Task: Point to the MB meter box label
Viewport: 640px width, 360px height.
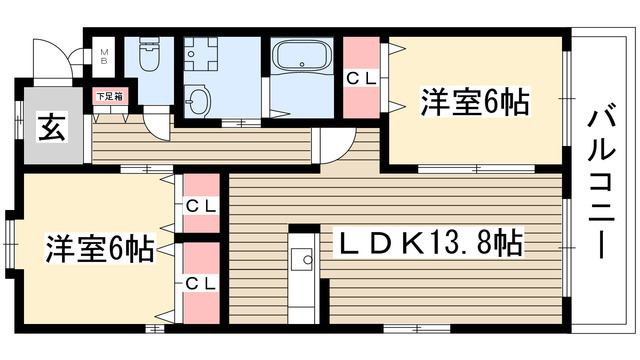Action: pyautogui.click(x=103, y=55)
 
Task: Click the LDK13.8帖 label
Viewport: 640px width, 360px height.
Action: pyautogui.click(x=431, y=242)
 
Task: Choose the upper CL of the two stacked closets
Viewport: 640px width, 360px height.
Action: pyautogui.click(x=201, y=206)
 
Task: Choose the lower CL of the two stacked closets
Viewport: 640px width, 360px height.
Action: pyautogui.click(x=201, y=283)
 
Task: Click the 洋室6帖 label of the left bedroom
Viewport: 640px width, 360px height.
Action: pyautogui.click(x=98, y=249)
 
